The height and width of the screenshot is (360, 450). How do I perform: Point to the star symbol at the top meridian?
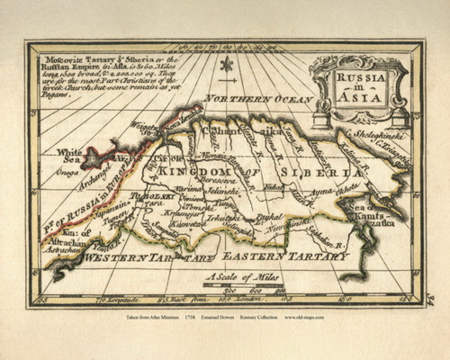[x=226, y=65]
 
